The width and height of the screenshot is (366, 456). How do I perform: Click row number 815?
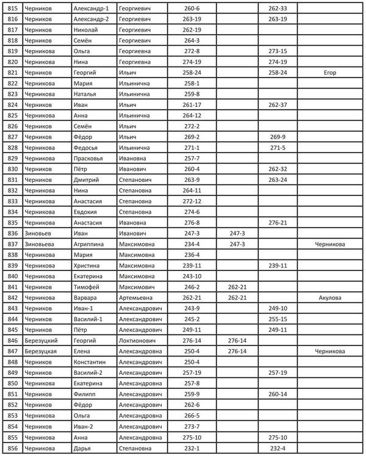tap(13, 9)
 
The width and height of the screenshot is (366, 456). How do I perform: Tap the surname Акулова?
tap(330, 298)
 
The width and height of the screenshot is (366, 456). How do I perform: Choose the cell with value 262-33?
tap(278, 9)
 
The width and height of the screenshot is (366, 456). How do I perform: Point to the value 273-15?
tap(278, 51)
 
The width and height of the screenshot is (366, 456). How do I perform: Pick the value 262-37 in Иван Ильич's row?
tap(278, 105)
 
